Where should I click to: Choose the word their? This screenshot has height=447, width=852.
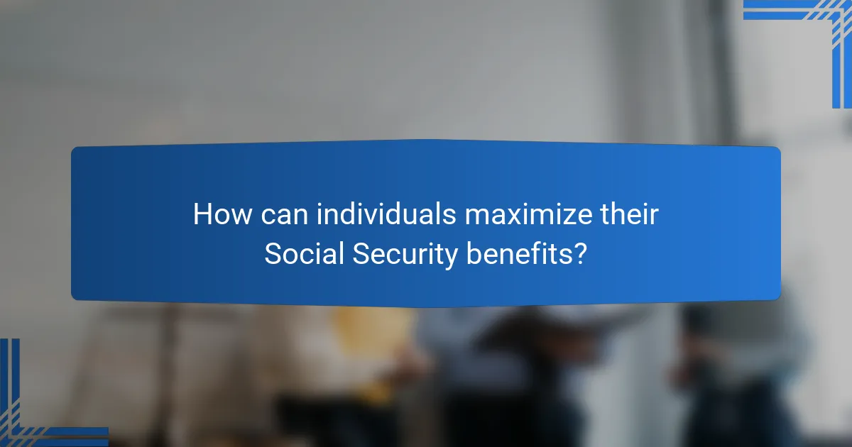(x=630, y=215)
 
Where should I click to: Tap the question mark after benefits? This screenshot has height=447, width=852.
(x=581, y=255)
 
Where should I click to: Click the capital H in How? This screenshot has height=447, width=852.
(x=202, y=215)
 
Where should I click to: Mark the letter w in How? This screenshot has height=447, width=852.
(x=239, y=216)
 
